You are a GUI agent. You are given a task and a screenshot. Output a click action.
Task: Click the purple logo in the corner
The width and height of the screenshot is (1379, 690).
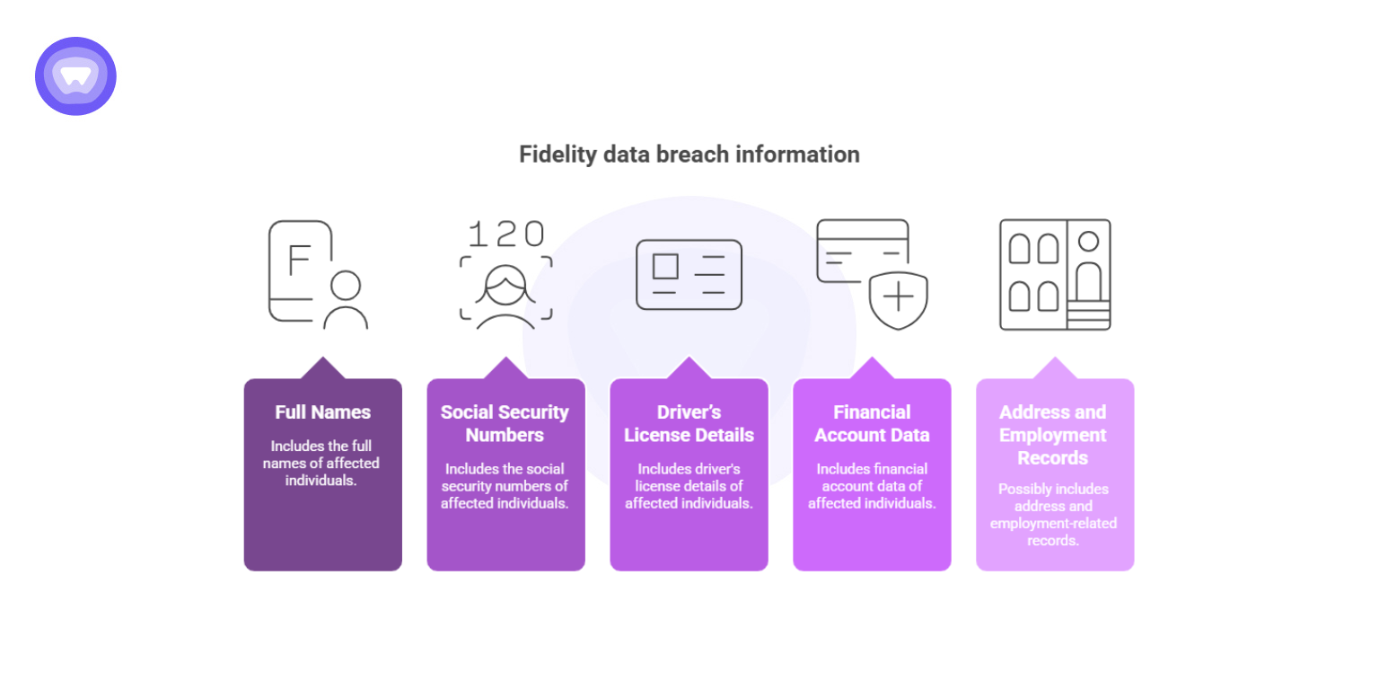point(75,76)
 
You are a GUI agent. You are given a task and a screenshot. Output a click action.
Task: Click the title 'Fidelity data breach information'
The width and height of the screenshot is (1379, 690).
point(689,155)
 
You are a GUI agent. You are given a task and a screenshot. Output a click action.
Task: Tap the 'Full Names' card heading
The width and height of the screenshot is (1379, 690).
point(322,412)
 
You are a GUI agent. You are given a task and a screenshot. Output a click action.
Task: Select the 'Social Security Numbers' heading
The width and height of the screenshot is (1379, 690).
point(505,423)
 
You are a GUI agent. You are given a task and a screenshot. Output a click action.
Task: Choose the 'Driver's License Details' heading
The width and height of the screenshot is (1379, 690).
point(689,423)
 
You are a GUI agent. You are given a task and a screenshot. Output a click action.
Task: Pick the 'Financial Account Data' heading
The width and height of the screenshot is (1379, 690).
point(872,423)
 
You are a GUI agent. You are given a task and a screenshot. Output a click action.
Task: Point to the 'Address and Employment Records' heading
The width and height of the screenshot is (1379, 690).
point(1053,435)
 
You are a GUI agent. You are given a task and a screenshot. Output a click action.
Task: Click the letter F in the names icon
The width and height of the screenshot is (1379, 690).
point(298,260)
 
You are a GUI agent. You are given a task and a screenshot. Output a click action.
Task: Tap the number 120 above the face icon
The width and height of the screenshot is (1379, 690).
point(505,234)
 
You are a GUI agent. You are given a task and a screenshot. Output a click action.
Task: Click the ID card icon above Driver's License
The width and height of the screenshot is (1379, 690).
point(689,274)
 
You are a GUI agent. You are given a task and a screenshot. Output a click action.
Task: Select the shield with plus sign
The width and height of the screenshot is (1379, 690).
point(898,299)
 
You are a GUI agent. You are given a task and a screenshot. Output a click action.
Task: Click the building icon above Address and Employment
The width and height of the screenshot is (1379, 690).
point(1055,274)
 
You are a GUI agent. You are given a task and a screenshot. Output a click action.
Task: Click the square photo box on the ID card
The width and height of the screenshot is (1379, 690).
point(665,266)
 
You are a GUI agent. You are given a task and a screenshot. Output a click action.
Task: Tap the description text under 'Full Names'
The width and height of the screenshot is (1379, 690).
point(322,463)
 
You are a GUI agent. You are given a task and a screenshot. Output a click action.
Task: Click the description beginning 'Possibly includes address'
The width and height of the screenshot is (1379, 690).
point(1053,515)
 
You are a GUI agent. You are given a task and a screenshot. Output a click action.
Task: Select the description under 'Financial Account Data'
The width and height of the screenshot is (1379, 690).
point(872,486)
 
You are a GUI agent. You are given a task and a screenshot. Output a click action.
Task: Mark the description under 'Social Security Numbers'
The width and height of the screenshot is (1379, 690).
point(505,486)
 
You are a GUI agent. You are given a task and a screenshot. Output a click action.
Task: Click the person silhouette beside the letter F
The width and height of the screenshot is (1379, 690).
point(346,301)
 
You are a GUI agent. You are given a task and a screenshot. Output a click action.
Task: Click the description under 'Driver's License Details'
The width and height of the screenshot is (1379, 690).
point(689,486)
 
